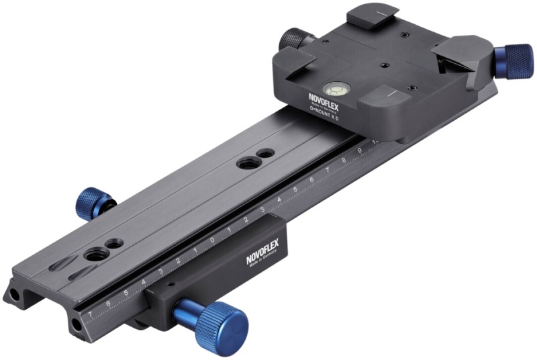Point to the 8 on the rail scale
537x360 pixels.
click(x=343, y=161)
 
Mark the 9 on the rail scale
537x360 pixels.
click(x=360, y=152)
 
